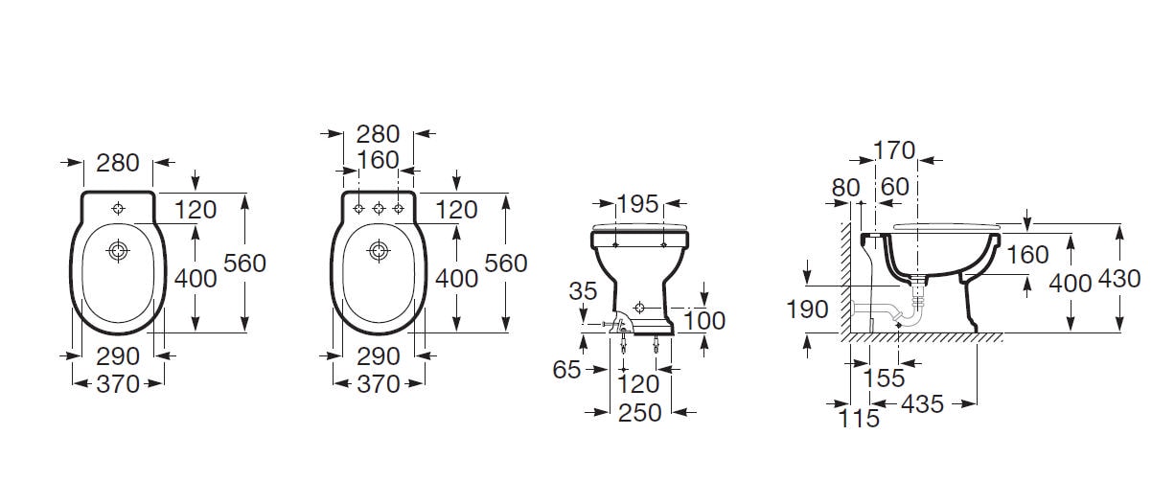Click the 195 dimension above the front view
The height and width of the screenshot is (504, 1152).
[637, 204]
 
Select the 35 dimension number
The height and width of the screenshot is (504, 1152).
[583, 291]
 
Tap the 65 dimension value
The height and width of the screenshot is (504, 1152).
[566, 369]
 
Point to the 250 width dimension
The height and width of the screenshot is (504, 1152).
[639, 412]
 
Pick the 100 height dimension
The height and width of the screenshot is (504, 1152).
[704, 321]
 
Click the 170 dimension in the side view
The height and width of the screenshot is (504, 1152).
[894, 150]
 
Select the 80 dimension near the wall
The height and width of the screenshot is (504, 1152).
[845, 188]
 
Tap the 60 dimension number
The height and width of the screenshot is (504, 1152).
[895, 187]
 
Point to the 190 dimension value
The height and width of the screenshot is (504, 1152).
[807, 309]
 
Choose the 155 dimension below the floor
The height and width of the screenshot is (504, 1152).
[884, 378]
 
